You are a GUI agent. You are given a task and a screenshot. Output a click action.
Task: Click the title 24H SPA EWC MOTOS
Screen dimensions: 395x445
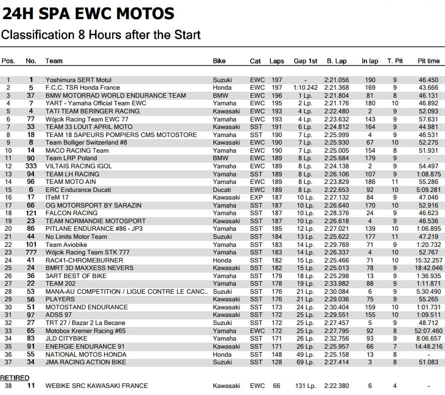click(88, 13)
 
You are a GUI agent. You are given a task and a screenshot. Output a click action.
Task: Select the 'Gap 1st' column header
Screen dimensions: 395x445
click(305, 61)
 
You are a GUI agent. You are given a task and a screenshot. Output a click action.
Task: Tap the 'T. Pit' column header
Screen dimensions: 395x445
click(395, 61)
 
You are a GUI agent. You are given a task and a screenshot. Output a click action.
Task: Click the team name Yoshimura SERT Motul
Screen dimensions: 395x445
click(78, 80)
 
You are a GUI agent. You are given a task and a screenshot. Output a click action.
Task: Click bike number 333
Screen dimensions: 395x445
click(31, 166)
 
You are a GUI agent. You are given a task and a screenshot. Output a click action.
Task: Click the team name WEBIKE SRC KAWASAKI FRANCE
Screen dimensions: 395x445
click(97, 386)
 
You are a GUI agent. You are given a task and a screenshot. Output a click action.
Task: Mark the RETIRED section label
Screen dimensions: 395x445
click(15, 377)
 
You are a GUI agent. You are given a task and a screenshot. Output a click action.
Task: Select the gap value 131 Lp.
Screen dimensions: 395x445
click(305, 386)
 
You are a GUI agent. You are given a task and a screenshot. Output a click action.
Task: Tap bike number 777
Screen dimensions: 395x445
click(31, 252)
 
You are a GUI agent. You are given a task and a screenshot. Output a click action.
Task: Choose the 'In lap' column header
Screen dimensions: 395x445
click(370, 61)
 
